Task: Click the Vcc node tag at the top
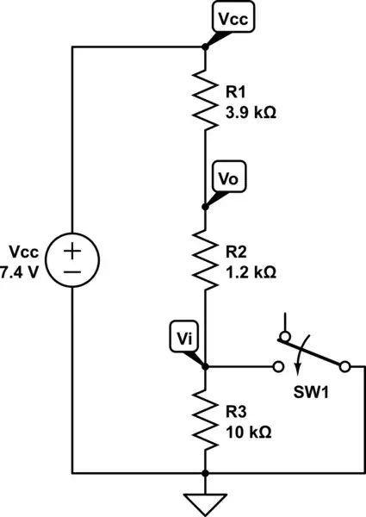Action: point(229,17)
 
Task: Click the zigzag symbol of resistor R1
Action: point(205,99)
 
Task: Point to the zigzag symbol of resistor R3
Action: point(205,418)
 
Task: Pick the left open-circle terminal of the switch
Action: point(278,367)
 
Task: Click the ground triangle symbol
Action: point(205,500)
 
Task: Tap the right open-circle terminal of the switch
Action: point(344,367)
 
